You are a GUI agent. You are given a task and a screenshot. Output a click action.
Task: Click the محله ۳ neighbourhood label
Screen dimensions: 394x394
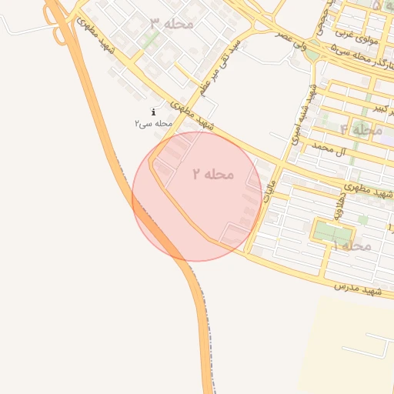point(171,24)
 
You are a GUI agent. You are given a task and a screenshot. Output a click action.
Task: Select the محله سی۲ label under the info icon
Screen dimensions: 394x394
point(152,123)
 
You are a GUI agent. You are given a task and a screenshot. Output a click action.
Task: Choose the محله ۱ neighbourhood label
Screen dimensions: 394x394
point(352,245)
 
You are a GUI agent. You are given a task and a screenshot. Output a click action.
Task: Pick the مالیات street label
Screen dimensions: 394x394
point(267,203)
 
